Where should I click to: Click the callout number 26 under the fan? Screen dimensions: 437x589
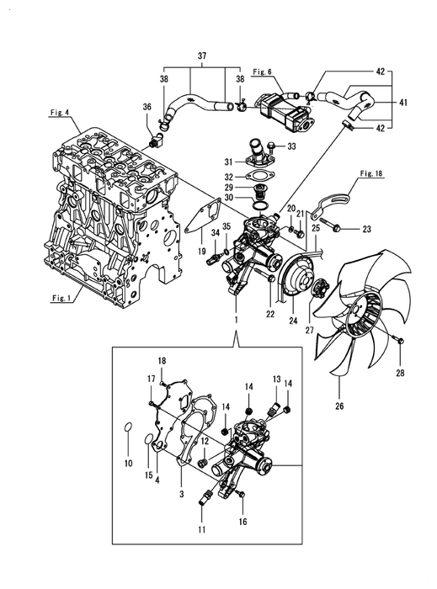339,406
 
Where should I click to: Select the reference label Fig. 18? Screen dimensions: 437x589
370,173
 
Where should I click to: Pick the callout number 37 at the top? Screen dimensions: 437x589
202,56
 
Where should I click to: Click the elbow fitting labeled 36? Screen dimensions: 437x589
156,141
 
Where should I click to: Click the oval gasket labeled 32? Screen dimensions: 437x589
260,175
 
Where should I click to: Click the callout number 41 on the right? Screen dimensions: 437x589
402,102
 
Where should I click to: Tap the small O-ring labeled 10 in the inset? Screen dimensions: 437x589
128,427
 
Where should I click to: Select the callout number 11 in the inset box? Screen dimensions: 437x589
202,529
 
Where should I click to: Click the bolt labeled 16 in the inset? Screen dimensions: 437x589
241,494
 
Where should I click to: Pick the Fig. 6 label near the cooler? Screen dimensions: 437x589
262,72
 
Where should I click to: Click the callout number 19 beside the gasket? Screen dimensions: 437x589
202,251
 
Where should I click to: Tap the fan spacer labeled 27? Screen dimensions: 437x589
320,289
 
